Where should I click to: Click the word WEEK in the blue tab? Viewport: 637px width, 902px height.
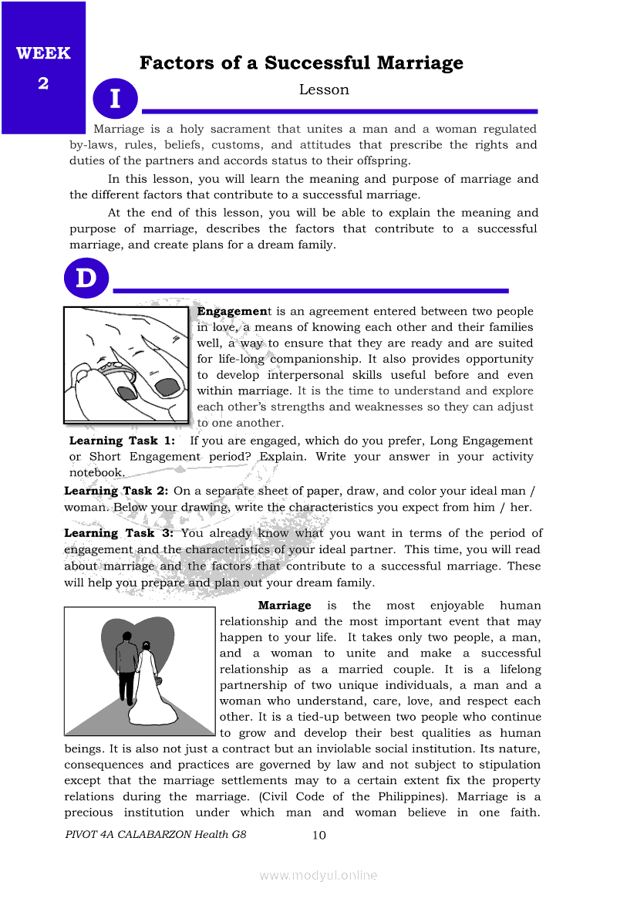click(x=43, y=53)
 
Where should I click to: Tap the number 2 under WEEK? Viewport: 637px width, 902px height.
click(x=43, y=83)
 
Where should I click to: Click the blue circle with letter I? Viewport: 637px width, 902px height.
click(x=115, y=99)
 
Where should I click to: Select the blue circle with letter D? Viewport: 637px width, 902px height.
click(x=86, y=278)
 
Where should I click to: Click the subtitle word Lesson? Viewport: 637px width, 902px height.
click(x=324, y=90)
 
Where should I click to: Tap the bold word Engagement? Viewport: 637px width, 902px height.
click(x=231, y=311)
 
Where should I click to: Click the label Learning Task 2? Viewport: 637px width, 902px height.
click(x=116, y=491)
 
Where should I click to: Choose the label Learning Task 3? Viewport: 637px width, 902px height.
click(x=119, y=533)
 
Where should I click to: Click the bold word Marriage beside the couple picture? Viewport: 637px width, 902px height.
click(x=285, y=606)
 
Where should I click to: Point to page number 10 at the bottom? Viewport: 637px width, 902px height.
click(x=319, y=835)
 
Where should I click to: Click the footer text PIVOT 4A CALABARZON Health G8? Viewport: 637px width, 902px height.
click(x=156, y=835)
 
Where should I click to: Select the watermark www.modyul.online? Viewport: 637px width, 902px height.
click(x=318, y=875)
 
